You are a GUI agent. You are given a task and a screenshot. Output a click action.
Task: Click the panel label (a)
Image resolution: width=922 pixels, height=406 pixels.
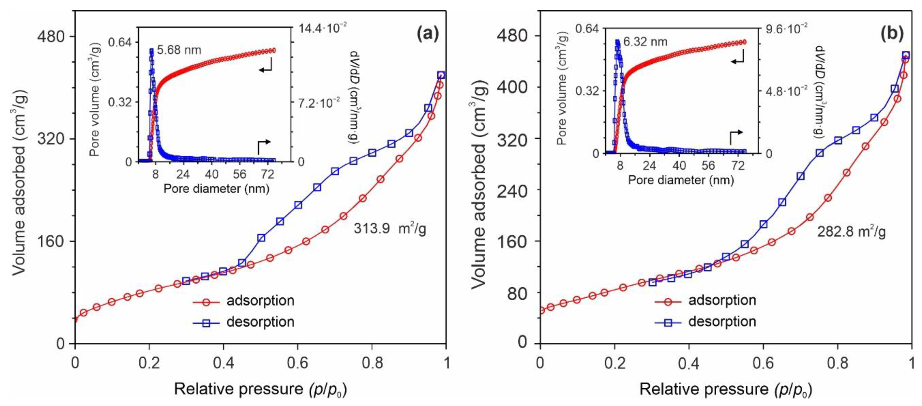coord(428,35)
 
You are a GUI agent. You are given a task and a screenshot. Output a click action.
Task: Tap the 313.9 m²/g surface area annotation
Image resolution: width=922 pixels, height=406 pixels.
coord(390,228)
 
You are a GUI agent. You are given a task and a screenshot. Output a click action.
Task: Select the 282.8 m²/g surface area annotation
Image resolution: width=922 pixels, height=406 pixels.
coord(851,232)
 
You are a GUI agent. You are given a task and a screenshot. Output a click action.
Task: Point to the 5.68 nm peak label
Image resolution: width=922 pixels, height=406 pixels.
coord(179,50)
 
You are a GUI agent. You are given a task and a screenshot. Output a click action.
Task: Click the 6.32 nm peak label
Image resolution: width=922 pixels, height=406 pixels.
coord(645,42)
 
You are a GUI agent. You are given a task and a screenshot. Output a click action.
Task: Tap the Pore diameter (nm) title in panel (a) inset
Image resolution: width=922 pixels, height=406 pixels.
coord(216,188)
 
